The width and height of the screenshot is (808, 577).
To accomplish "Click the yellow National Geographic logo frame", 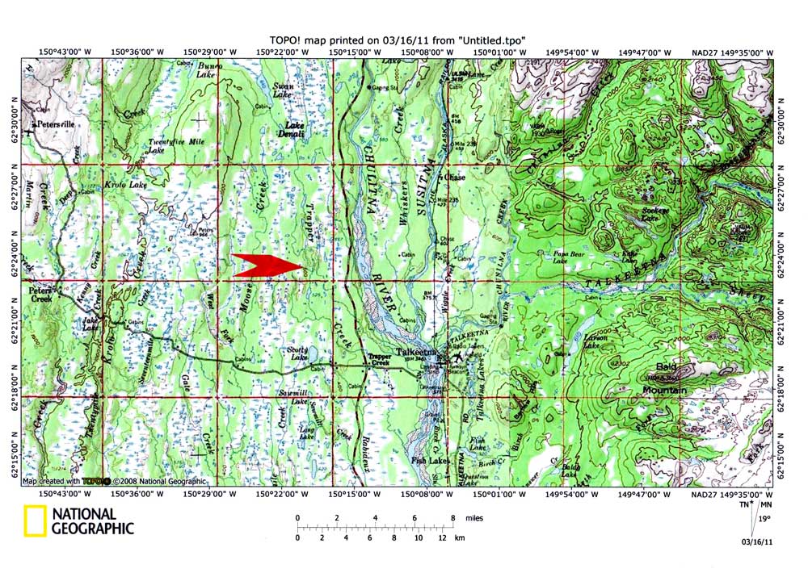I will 34,521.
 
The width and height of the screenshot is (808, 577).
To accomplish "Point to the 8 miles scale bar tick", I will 452,519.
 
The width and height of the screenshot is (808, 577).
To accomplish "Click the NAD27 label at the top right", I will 708,52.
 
